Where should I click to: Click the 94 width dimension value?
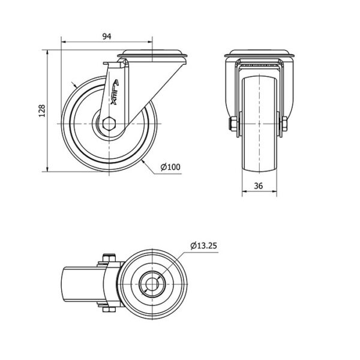pos(107,36)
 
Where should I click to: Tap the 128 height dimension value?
pos(42,111)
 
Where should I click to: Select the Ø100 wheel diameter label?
pos(170,167)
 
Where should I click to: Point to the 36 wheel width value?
pos(259,186)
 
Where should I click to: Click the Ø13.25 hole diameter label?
pos(203,246)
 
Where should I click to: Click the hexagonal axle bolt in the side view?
pos(109,124)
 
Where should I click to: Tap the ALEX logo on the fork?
pos(115,92)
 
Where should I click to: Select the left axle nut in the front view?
pos(234,124)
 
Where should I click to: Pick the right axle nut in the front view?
pos(284,124)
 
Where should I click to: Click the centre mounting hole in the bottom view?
pos(152,284)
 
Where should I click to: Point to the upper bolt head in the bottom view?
pos(109,258)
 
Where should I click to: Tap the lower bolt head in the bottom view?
pos(109,309)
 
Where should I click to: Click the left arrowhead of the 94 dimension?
pos(64,42)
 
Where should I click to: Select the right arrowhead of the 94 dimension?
pos(150,42)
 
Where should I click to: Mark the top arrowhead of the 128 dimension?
pos(47,53)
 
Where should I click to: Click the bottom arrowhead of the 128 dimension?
pos(47,169)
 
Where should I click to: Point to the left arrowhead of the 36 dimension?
pos(245,191)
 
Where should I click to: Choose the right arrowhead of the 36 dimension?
pos(274,191)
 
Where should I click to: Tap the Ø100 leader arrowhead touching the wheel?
pos(143,162)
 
